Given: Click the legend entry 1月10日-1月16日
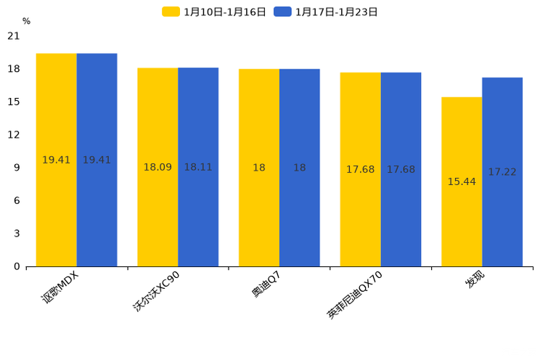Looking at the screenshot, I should (x=214, y=12).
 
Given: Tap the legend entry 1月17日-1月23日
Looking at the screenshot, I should (x=326, y=12).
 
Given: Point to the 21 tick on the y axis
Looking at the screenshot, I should (x=14, y=36).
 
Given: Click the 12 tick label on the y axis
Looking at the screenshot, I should (x=14, y=135).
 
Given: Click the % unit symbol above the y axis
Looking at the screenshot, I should (x=26, y=22).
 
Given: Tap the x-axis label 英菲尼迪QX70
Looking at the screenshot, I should (x=355, y=295).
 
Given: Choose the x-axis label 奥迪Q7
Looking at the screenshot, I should (x=266, y=285).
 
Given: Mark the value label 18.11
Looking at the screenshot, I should (x=198, y=168).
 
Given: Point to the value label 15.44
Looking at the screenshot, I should (x=462, y=181).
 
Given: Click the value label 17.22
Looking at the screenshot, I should (x=502, y=172).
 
